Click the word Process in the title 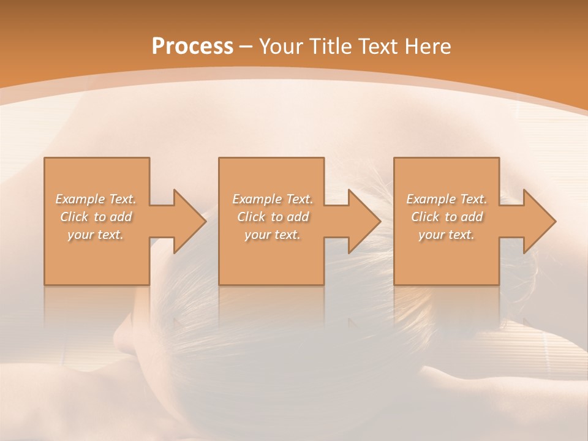pos(192,47)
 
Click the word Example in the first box pos(80,199)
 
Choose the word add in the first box pos(121,217)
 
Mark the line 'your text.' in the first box pos(96,235)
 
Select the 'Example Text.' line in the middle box pos(273,199)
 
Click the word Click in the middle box pos(250,217)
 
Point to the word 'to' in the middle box pos(277,217)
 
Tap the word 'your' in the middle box pos(258,235)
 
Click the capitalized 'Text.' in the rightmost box pos(473,199)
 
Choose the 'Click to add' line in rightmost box pos(447,217)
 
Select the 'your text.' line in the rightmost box pos(447,235)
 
